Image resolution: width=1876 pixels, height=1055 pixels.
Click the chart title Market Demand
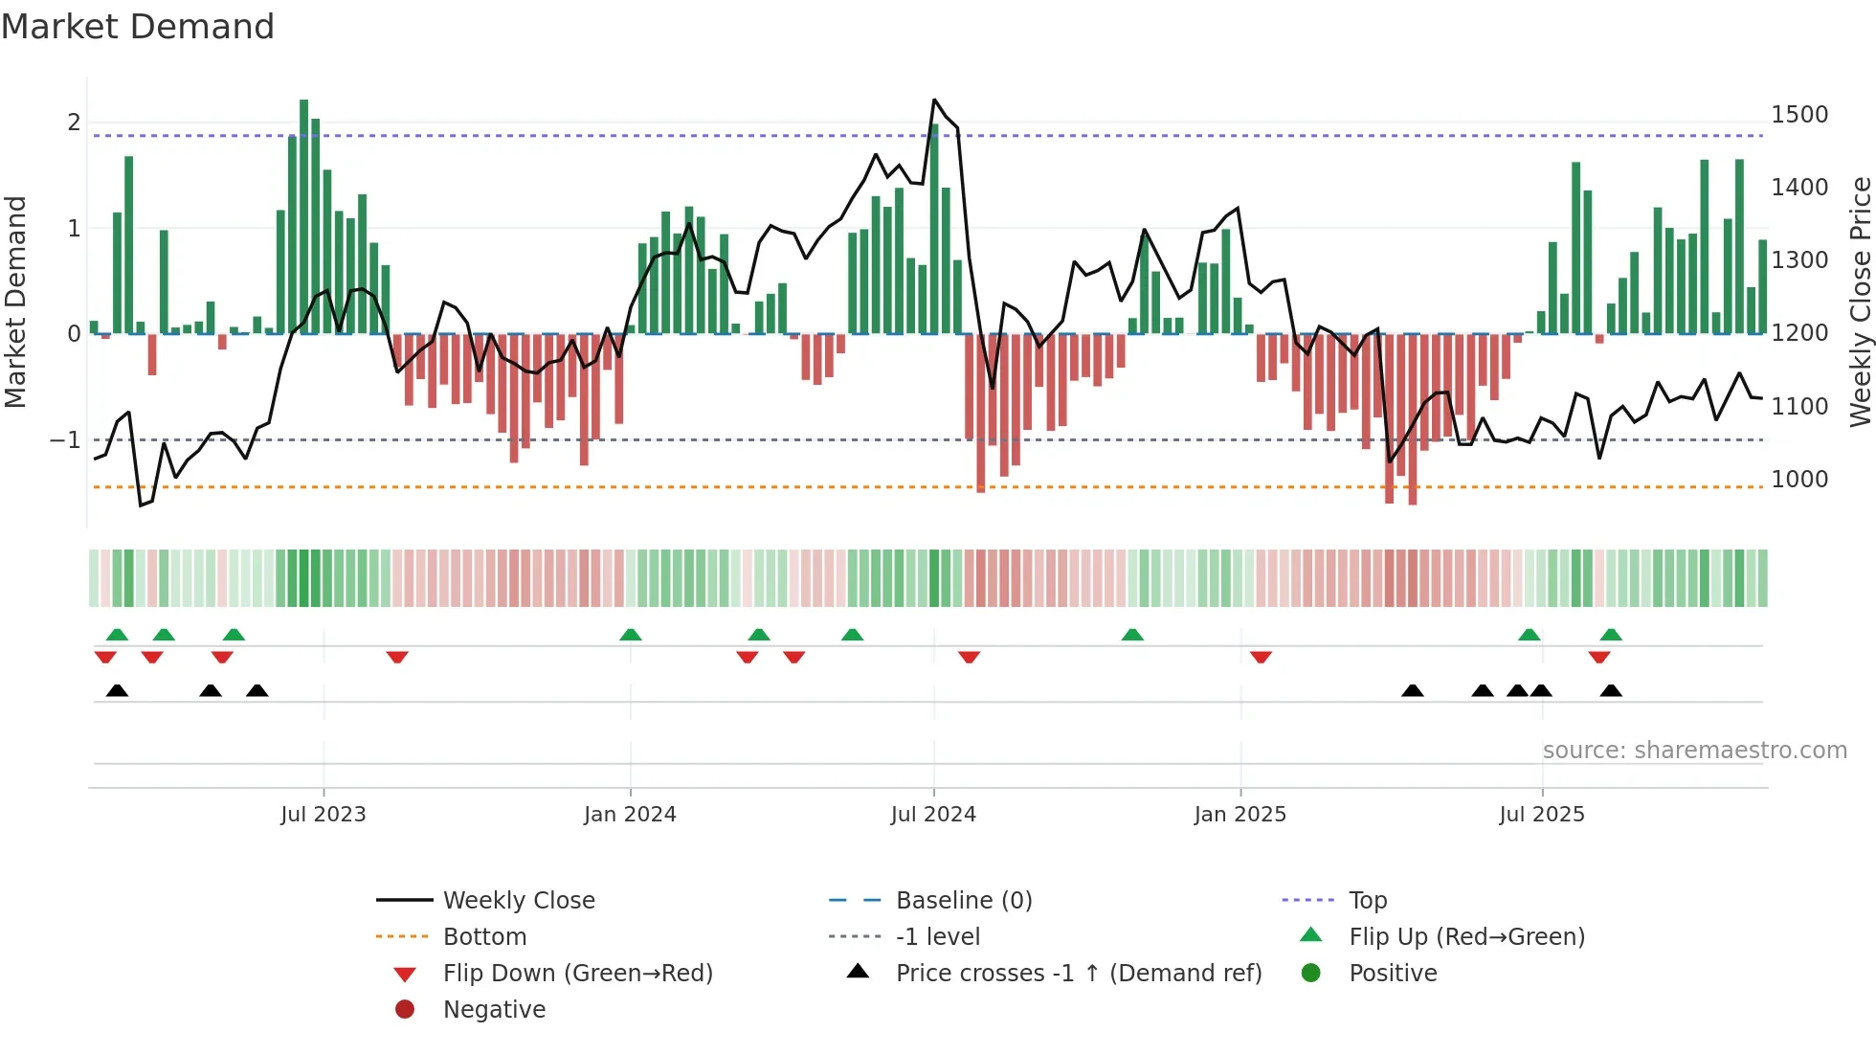coord(138,27)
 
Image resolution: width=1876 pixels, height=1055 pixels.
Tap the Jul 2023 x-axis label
coord(324,815)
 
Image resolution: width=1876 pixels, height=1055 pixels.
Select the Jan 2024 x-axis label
coord(630,815)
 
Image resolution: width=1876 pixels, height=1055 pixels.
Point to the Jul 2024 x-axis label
coord(933,815)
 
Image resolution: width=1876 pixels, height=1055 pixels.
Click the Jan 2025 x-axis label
coord(1240,815)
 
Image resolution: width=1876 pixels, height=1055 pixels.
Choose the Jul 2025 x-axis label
coord(1542,815)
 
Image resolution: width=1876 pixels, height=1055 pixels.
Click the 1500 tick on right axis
coord(1799,115)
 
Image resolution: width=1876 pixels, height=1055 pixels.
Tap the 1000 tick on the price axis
coord(1799,480)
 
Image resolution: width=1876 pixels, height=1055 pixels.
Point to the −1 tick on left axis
coord(65,440)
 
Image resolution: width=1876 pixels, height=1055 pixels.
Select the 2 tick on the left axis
coord(74,123)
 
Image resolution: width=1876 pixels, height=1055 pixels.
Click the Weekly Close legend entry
coord(519,901)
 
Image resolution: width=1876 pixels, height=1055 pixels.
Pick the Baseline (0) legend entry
coord(964,901)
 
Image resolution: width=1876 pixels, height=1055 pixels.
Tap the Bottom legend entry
coord(484,937)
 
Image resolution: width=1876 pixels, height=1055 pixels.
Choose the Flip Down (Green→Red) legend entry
coord(577,974)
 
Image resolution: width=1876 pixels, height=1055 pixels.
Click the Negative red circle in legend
coord(405,1010)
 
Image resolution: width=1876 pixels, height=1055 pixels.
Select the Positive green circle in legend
coord(1311,974)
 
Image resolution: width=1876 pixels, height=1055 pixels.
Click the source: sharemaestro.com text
coord(1694,751)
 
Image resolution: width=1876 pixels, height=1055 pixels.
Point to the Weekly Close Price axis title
coord(1860,302)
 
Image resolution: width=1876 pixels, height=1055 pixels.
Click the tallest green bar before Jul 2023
coord(303,215)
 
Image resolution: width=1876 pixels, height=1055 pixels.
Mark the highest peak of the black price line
coord(934,100)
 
